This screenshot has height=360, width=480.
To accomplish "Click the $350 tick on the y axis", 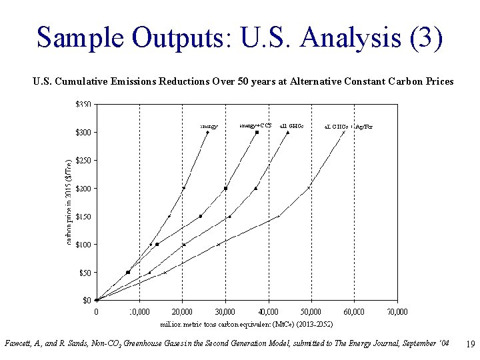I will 83,105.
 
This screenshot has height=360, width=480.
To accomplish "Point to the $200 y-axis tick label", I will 83,189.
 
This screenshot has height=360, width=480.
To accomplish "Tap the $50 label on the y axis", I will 85,273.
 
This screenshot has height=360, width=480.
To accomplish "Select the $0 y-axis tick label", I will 87,301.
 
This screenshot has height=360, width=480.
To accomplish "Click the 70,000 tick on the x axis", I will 397,311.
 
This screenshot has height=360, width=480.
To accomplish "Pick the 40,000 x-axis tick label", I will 268,311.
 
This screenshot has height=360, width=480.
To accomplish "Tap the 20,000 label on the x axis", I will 182,311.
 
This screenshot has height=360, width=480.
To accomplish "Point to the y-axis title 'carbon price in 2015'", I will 69,201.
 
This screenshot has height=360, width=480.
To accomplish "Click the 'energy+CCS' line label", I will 255,125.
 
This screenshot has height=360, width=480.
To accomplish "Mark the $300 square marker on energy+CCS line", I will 257,132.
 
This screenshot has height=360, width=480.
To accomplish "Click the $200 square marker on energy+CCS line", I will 225,189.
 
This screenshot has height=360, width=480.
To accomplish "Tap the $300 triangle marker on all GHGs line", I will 287,132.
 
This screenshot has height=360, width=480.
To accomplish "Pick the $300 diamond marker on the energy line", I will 207,132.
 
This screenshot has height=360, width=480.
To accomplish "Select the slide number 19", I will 469,345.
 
